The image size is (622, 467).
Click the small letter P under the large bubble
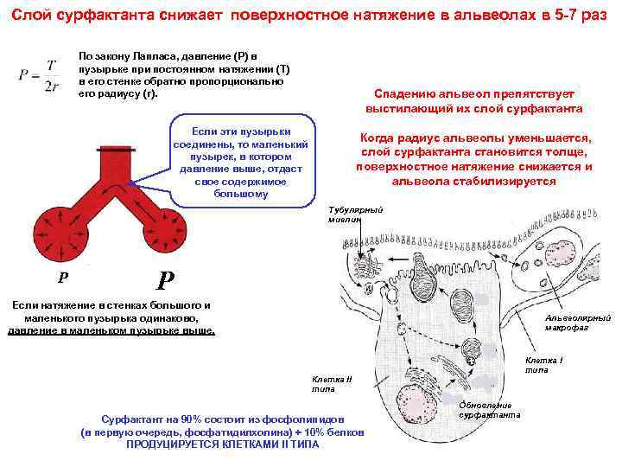[x=61, y=278]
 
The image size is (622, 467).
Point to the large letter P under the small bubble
[x=166, y=279]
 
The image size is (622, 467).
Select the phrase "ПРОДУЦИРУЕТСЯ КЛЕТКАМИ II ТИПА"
[x=222, y=444]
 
